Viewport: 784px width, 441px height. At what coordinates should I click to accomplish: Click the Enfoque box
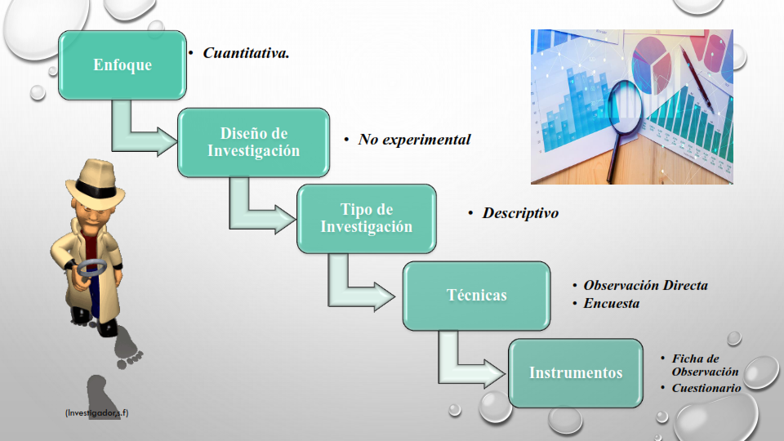tap(122, 65)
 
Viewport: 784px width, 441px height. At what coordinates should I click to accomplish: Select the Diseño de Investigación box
tap(253, 142)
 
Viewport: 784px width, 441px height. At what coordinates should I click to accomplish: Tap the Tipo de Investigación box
tap(367, 219)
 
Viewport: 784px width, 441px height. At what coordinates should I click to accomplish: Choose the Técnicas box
tap(476, 296)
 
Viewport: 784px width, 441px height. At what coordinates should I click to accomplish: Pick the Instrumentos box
tap(576, 373)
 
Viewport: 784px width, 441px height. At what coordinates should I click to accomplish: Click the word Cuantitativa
tap(246, 53)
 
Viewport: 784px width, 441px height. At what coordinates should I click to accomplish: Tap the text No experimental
tap(415, 140)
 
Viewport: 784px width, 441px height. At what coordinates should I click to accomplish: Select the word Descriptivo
tap(520, 213)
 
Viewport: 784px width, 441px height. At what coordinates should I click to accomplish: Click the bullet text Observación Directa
tap(645, 285)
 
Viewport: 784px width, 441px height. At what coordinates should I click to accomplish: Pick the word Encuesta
tap(612, 304)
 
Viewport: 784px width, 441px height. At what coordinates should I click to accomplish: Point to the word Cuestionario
tap(706, 388)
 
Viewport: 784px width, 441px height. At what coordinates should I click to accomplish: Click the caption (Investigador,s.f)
tap(96, 413)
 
